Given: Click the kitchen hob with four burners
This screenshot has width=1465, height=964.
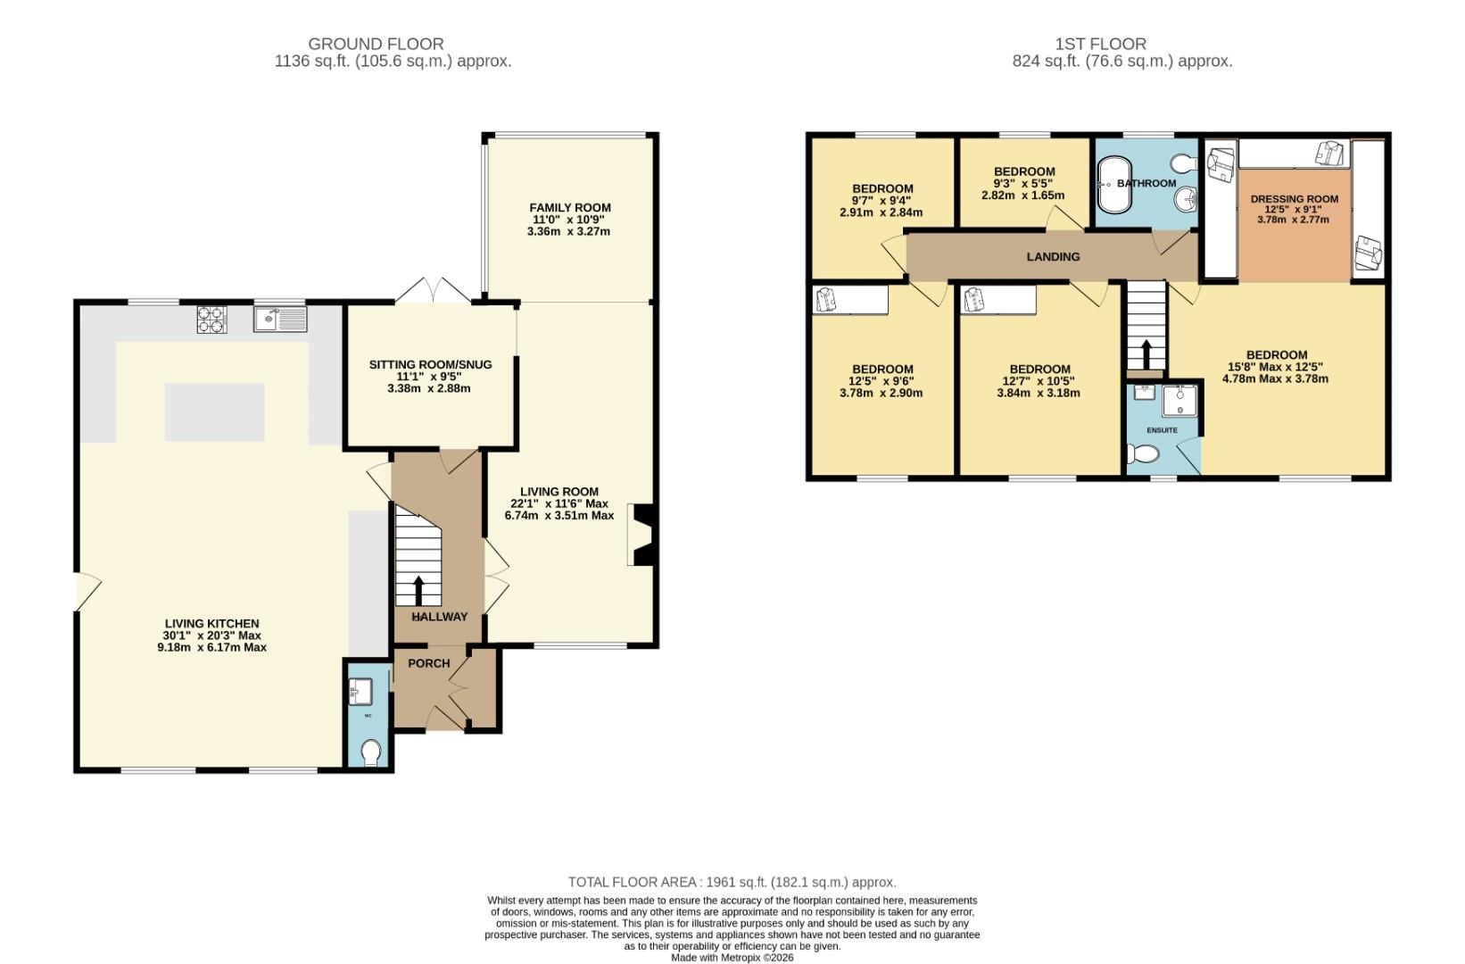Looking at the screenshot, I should click(x=211, y=320).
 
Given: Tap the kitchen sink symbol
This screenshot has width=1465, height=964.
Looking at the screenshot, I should click(x=279, y=319).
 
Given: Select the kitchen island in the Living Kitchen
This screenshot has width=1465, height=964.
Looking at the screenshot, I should click(x=214, y=412).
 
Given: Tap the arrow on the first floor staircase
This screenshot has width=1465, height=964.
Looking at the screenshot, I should click(x=1145, y=353).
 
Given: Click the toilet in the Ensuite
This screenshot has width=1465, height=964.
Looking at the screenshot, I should click(x=1143, y=455).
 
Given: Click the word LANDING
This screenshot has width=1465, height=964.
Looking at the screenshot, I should click(x=1053, y=257).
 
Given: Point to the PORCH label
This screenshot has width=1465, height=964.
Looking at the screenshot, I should click(x=429, y=663).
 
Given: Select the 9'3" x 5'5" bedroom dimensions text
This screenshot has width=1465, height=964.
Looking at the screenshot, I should click(x=1023, y=188).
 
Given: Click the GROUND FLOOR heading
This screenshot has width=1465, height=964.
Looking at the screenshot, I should click(x=376, y=44).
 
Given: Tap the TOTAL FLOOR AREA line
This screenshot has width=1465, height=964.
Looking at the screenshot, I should click(x=732, y=882).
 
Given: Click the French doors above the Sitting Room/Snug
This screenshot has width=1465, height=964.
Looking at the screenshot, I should click(x=434, y=291).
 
